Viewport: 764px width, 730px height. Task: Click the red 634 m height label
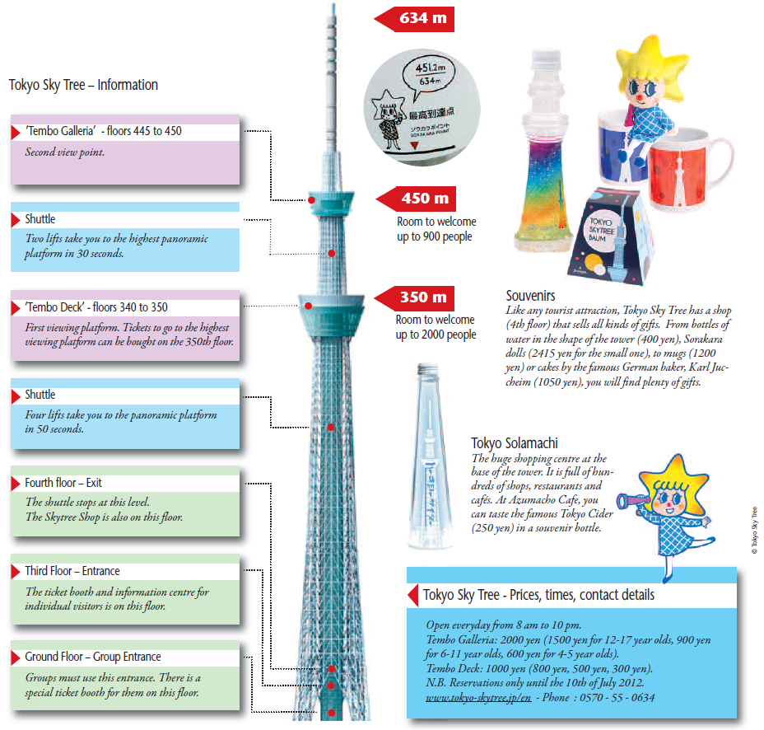click(x=415, y=19)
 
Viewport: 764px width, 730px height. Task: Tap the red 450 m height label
click(x=417, y=199)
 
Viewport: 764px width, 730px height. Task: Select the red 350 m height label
click(x=415, y=298)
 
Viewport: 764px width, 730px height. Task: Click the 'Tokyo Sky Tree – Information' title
click(x=83, y=85)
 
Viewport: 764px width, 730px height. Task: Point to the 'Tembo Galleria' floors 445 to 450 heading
click(x=103, y=131)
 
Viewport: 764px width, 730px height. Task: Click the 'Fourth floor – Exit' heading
click(x=63, y=483)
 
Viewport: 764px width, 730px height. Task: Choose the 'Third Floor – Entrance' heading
click(x=72, y=571)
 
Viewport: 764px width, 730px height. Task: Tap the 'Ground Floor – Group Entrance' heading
click(x=92, y=657)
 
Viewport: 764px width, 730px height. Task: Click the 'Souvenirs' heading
click(x=531, y=296)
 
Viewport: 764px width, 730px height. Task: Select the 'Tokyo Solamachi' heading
click(x=515, y=443)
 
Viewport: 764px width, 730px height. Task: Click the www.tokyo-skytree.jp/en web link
click(x=478, y=697)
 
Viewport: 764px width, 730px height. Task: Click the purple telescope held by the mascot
click(x=633, y=500)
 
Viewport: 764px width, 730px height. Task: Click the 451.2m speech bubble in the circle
click(x=428, y=75)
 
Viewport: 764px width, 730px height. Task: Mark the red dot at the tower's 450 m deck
click(x=311, y=200)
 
